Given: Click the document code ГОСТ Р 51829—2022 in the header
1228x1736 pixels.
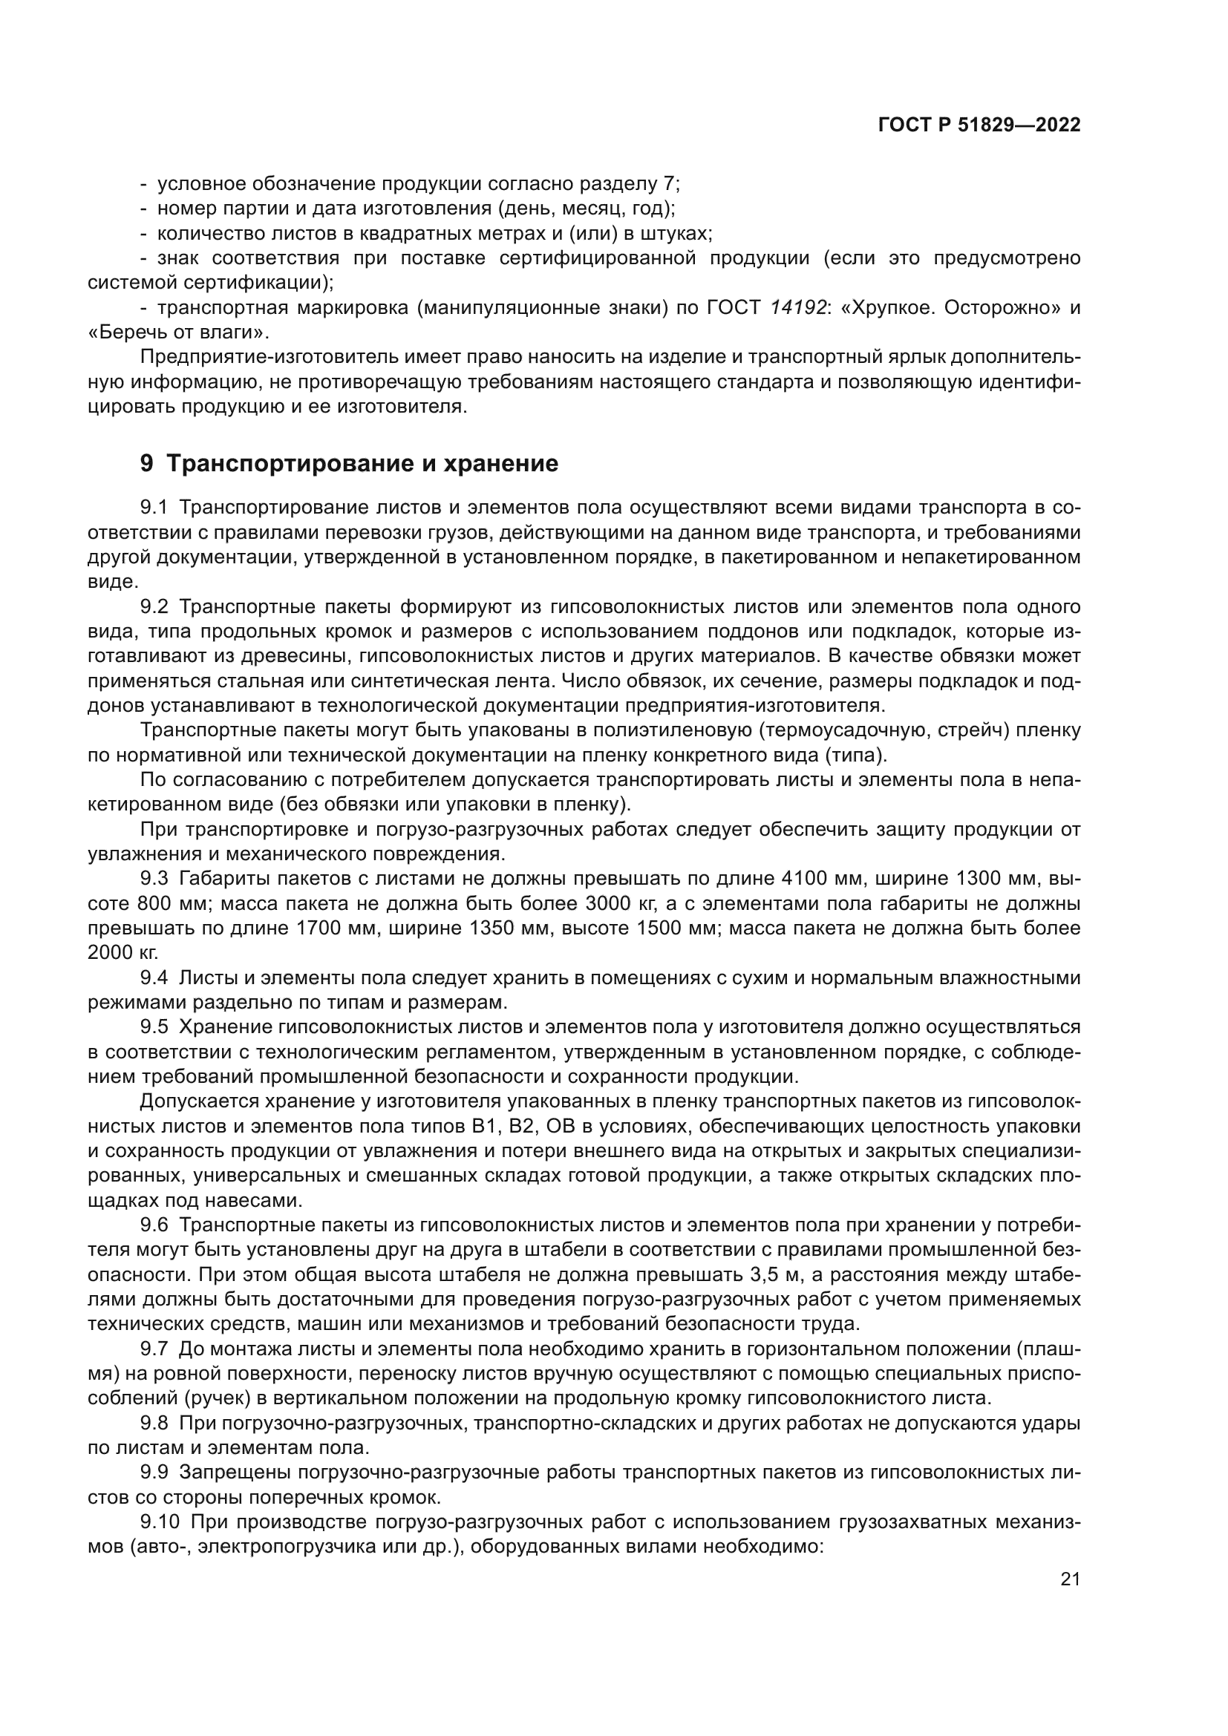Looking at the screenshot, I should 979,125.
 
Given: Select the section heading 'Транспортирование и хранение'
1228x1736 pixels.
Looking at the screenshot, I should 362,463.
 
